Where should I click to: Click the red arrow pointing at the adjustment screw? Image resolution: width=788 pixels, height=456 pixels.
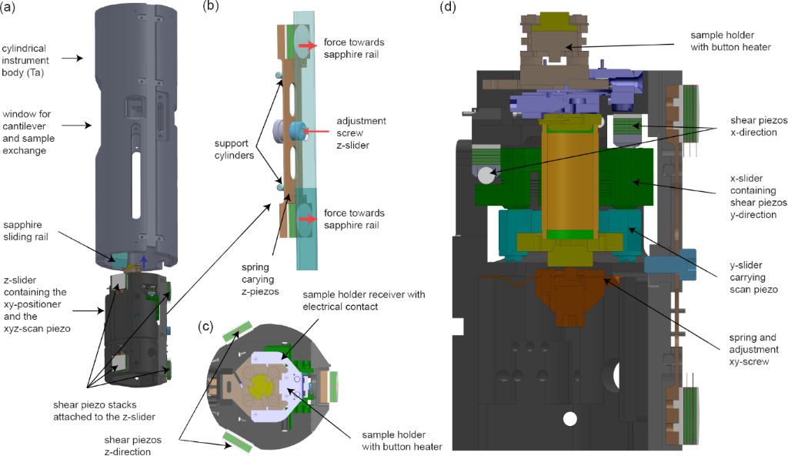[x=312, y=132]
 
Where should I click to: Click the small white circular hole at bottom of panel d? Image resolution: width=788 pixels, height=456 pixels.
[x=569, y=419]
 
